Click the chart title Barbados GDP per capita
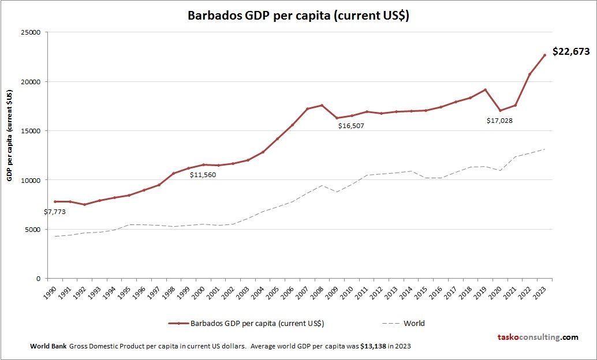(298, 16)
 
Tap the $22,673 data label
(570, 51)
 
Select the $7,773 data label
(55, 212)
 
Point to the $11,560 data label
(203, 175)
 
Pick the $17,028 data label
(499, 121)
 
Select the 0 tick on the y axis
(37, 279)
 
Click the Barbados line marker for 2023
(544, 55)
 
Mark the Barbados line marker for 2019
(485, 89)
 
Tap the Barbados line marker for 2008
(322, 105)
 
